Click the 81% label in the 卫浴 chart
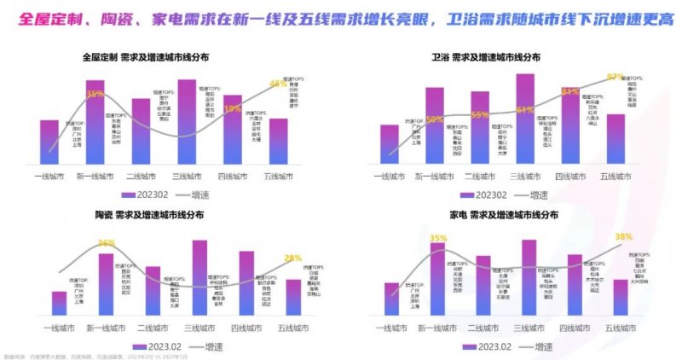[x=569, y=92]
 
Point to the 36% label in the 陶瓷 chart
[x=107, y=243]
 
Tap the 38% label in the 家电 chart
[x=623, y=237]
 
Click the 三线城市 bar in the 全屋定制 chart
[x=187, y=121]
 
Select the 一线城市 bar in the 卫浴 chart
[x=389, y=142]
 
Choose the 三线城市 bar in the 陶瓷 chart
[x=199, y=277]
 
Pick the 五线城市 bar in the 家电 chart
[x=621, y=297]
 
